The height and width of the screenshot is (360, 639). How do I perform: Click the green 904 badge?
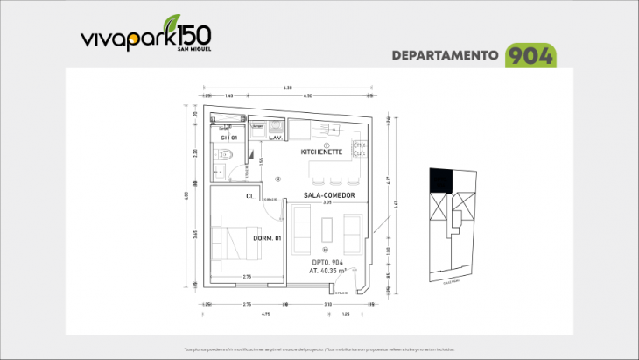coord(530,55)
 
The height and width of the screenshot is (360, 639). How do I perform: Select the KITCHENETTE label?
coord(320,152)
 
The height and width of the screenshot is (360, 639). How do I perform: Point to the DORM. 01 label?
coord(266,238)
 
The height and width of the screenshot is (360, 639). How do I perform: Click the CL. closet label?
coord(250,195)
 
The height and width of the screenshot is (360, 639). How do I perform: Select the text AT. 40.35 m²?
coord(327,272)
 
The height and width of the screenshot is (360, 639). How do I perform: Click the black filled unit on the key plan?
coord(440,180)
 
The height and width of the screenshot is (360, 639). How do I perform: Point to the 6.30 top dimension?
coord(287,88)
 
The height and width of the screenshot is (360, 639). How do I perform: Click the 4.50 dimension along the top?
coord(308,95)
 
